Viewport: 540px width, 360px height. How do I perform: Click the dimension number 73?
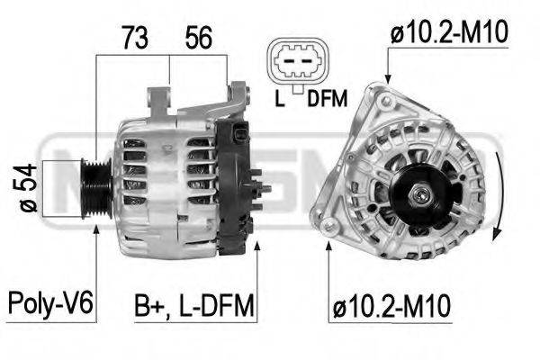point(135,37)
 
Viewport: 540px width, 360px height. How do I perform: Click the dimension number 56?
point(198,37)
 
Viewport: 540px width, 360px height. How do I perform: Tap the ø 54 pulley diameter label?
point(28,188)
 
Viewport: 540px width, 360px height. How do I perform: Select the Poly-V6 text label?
point(50,303)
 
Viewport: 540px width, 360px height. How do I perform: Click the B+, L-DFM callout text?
point(194,305)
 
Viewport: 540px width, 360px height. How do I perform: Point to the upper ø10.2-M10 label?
point(449,32)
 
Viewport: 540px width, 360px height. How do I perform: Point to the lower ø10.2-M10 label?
point(391,306)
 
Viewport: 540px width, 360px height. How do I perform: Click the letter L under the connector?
point(280,98)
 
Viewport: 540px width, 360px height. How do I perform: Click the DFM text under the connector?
point(328,98)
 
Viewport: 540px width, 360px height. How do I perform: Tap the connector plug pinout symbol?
point(298,62)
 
